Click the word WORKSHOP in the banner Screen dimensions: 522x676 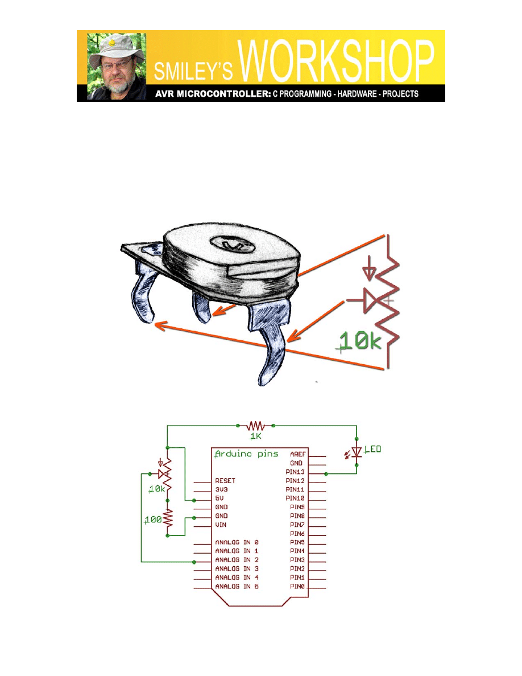coord(335,60)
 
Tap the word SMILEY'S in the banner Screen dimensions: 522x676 coord(193,71)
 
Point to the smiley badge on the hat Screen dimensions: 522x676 coord(112,43)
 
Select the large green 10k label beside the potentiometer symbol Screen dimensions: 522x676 coord(361,341)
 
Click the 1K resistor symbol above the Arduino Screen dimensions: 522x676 coord(255,426)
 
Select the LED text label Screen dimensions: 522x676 coord(373,449)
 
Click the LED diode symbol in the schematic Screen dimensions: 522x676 coord(356,452)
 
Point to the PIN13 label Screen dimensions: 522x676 coord(295,472)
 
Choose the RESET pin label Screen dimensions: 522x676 coord(225,481)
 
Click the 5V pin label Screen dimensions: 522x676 coord(219,498)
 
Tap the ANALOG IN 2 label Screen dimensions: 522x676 coord(237,560)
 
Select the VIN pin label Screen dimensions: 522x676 coord(221,525)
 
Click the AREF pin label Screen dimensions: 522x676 coord(297,455)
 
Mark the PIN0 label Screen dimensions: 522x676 coord(297,586)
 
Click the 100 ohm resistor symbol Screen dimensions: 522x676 coord(168,519)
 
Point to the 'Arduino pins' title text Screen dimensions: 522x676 coord(246,454)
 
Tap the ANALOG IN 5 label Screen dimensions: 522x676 coord(237,586)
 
